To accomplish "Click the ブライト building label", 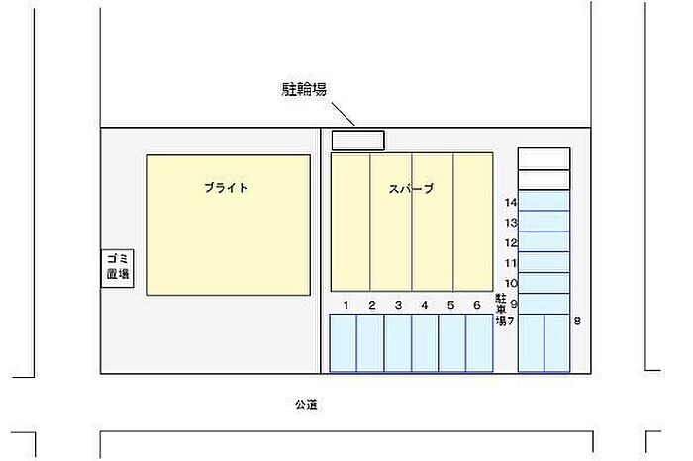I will (x=226, y=187).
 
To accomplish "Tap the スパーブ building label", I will (x=411, y=188).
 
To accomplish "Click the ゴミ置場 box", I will (x=119, y=267).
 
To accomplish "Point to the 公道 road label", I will (x=305, y=403).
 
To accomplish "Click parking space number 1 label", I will (x=346, y=305).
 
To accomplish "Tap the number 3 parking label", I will (x=398, y=305).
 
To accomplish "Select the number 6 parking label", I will (x=476, y=305).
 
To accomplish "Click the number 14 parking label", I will (x=511, y=202).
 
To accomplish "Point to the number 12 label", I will (x=511, y=242).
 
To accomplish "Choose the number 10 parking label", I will (x=511, y=283).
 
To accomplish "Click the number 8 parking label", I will (x=577, y=321).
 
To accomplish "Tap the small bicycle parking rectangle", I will (x=357, y=140).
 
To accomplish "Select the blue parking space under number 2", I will (x=370, y=342).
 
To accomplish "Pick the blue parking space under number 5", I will (x=451, y=342).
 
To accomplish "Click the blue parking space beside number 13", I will (x=544, y=222).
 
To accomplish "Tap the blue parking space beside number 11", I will (x=544, y=262).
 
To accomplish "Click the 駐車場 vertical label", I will (x=501, y=308).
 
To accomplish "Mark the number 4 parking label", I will (x=424, y=305).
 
